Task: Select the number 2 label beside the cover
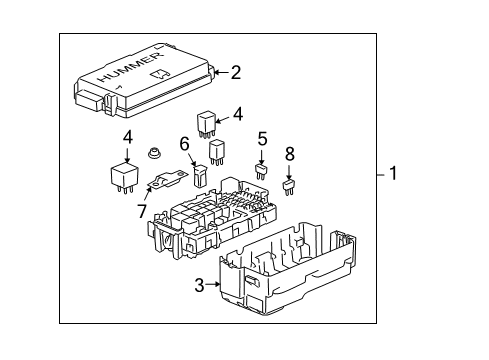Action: pyautogui.click(x=236, y=71)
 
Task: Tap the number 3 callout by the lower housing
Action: pyautogui.click(x=199, y=285)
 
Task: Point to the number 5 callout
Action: pyautogui.click(x=262, y=139)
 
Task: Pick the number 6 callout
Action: pyautogui.click(x=185, y=144)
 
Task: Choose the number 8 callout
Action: pyautogui.click(x=290, y=154)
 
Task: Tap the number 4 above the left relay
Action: pyautogui.click(x=128, y=137)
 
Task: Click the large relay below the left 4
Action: pyautogui.click(x=125, y=176)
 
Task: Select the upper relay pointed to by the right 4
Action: pyautogui.click(x=206, y=121)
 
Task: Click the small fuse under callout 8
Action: pyautogui.click(x=289, y=184)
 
